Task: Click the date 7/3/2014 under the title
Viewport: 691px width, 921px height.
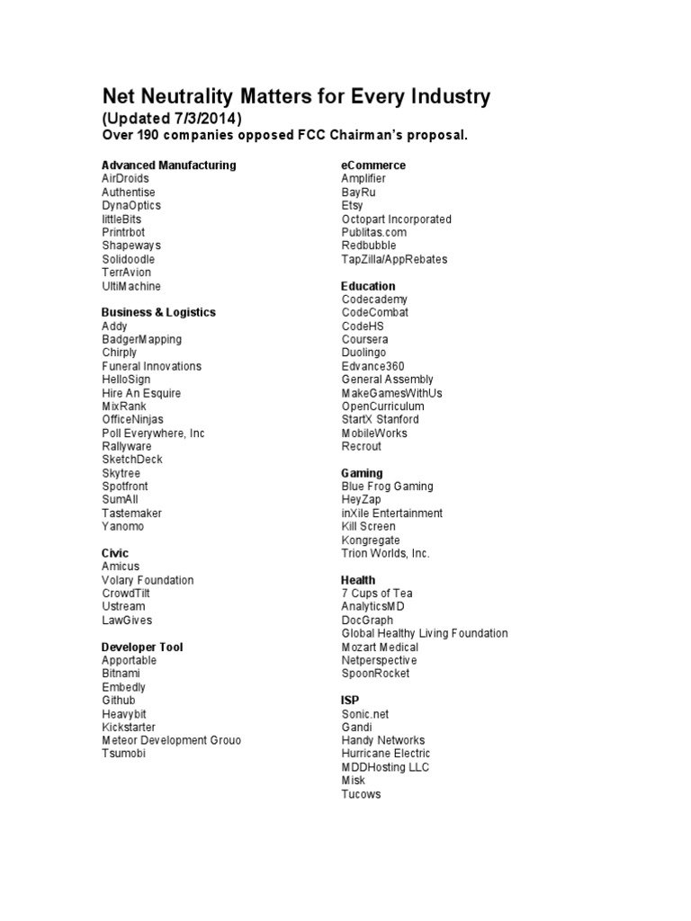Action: pyautogui.click(x=203, y=119)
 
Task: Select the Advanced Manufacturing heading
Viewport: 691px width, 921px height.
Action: pyautogui.click(x=169, y=165)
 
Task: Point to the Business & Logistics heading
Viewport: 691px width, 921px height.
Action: pyautogui.click(x=158, y=312)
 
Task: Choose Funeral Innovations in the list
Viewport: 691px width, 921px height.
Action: pyautogui.click(x=151, y=366)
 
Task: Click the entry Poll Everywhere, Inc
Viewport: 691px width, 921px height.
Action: pyautogui.click(x=153, y=433)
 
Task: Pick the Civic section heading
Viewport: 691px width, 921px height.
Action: pyautogui.click(x=115, y=553)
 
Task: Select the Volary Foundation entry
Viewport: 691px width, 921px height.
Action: pyautogui.click(x=148, y=580)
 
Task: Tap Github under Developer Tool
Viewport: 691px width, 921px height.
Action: pyautogui.click(x=119, y=700)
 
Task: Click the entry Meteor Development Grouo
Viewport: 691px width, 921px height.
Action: pyautogui.click(x=171, y=740)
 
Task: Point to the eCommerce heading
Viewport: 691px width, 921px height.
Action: pyautogui.click(x=373, y=165)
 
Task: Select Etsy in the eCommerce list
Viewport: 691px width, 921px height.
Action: pyautogui.click(x=352, y=205)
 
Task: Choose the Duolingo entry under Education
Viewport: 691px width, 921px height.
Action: pyautogui.click(x=363, y=353)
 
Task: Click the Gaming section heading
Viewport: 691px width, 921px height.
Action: pyautogui.click(x=362, y=473)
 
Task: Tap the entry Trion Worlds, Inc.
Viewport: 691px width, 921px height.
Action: pyautogui.click(x=385, y=553)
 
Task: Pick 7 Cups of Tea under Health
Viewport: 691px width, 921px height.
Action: pyautogui.click(x=377, y=594)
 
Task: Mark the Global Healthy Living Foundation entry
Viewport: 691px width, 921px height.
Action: pyautogui.click(x=425, y=633)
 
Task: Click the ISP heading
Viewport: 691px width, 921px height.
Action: pyautogui.click(x=350, y=700)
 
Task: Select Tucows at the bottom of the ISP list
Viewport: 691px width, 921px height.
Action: pyautogui.click(x=361, y=794)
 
